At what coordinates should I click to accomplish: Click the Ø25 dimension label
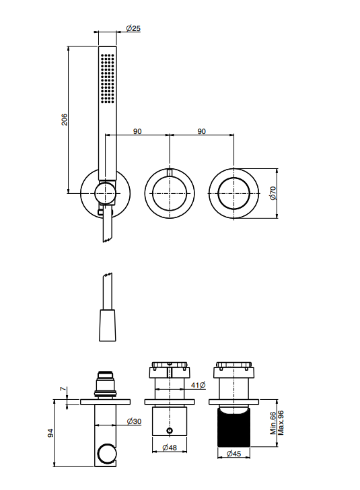click(133, 28)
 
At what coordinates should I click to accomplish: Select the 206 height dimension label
click(64, 120)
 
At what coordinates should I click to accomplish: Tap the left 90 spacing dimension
click(137, 131)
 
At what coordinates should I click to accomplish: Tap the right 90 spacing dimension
click(202, 131)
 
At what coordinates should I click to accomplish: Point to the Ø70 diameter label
click(273, 193)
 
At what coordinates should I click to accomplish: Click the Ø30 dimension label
click(134, 421)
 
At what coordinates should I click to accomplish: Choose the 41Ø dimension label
click(198, 385)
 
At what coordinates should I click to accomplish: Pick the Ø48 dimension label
click(170, 448)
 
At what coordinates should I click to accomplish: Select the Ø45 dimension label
click(233, 454)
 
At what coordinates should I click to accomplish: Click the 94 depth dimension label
click(50, 433)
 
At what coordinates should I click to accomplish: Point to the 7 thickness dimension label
click(63, 389)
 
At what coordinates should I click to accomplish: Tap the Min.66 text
click(273, 423)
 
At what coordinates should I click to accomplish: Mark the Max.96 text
click(281, 423)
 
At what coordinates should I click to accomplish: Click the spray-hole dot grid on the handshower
click(108, 78)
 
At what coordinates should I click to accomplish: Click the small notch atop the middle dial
click(170, 172)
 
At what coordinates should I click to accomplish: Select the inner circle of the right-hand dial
click(233, 193)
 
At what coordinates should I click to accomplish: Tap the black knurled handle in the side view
click(233, 428)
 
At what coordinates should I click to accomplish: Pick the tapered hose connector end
click(108, 325)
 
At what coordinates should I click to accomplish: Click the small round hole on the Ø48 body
click(170, 431)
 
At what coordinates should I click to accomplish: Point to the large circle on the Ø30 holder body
click(106, 454)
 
